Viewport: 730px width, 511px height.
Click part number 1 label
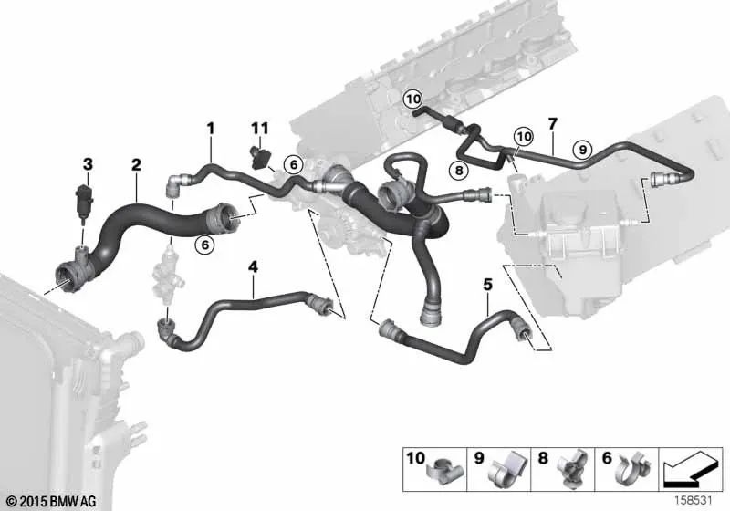pos(211,129)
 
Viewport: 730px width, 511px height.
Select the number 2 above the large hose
pos(136,165)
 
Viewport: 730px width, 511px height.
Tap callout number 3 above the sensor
pos(88,164)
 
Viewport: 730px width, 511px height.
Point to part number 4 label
pos(253,267)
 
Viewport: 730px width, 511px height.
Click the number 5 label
pos(487,284)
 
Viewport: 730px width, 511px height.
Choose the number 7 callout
pos(553,124)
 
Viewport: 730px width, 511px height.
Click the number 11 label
pos(260,128)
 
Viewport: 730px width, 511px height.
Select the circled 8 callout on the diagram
pos(460,171)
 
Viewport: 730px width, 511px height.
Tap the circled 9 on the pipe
pos(582,150)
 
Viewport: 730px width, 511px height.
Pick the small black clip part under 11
pos(257,157)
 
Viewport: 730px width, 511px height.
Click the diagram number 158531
pos(694,501)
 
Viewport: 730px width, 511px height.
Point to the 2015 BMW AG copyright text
pos(53,501)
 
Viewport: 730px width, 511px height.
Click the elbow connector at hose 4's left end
pos(167,329)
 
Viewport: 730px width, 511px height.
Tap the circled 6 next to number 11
pos(294,164)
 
